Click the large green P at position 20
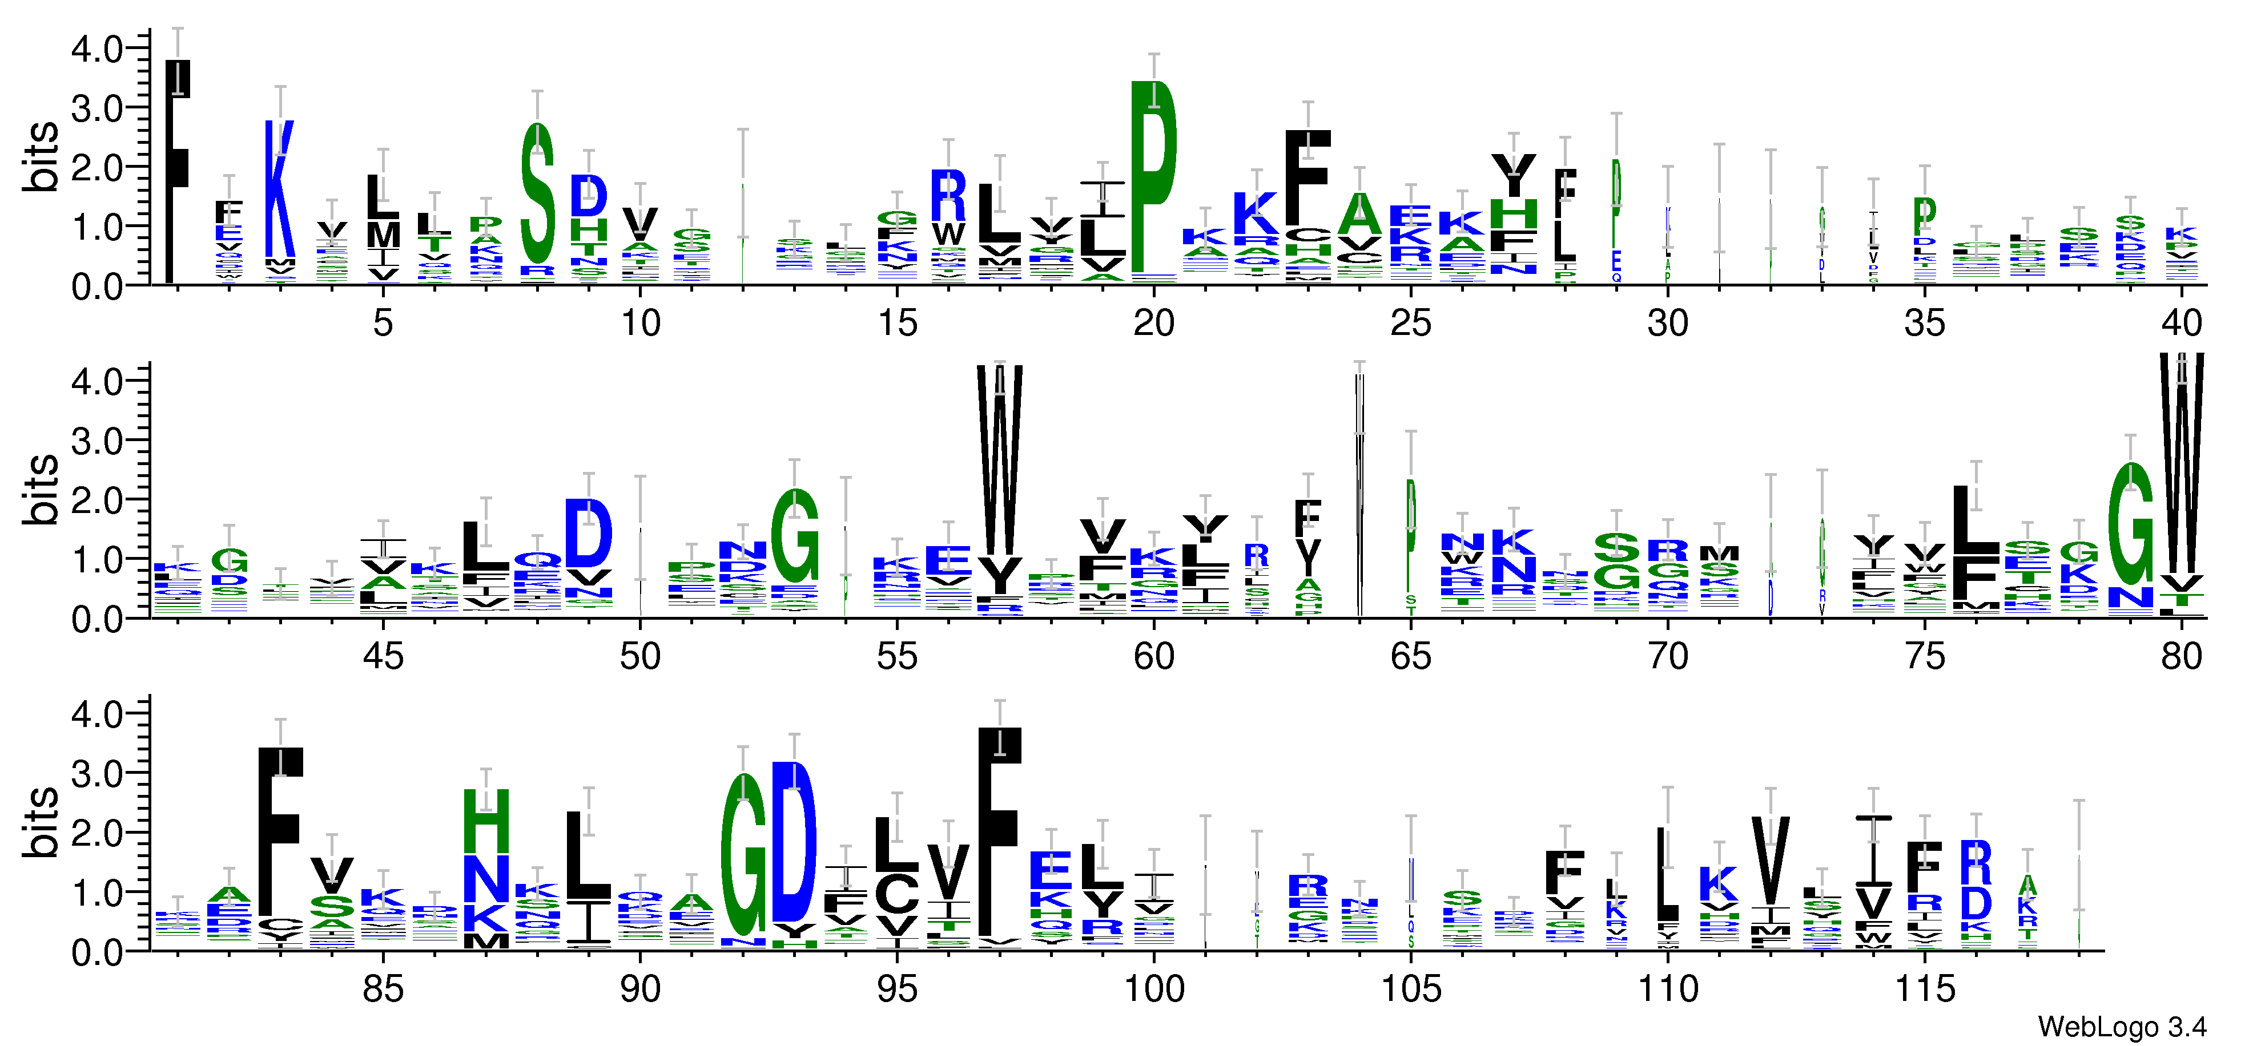pyautogui.click(x=1153, y=176)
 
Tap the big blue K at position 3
pyautogui.click(x=280, y=189)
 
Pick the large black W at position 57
pyautogui.click(x=1000, y=462)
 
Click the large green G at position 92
pyautogui.click(x=744, y=857)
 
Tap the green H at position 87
pyautogui.click(x=486, y=820)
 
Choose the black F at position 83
pyautogui.click(x=280, y=831)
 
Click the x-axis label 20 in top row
pyautogui.click(x=1153, y=324)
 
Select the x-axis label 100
pyautogui.click(x=1153, y=990)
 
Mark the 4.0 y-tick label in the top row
pyautogui.click(x=96, y=49)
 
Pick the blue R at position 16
pyautogui.click(x=948, y=195)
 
